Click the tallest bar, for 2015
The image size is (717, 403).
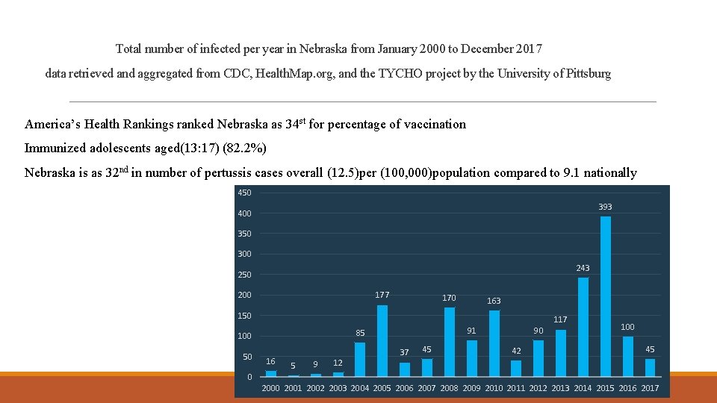click(606, 296)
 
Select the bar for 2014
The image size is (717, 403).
click(583, 327)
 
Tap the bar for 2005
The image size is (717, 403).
click(382, 340)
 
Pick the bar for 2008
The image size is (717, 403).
click(450, 342)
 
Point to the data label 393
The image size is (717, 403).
click(605, 207)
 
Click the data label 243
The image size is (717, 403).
click(583, 268)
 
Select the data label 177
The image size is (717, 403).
click(382, 295)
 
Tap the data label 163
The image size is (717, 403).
click(494, 301)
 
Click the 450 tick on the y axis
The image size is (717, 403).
click(245, 193)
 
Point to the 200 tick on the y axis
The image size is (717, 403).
click(245, 295)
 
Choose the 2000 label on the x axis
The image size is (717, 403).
click(270, 388)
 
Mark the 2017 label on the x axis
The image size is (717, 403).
click(650, 388)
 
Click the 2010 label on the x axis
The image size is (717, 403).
click(494, 388)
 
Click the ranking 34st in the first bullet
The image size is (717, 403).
click(295, 124)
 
